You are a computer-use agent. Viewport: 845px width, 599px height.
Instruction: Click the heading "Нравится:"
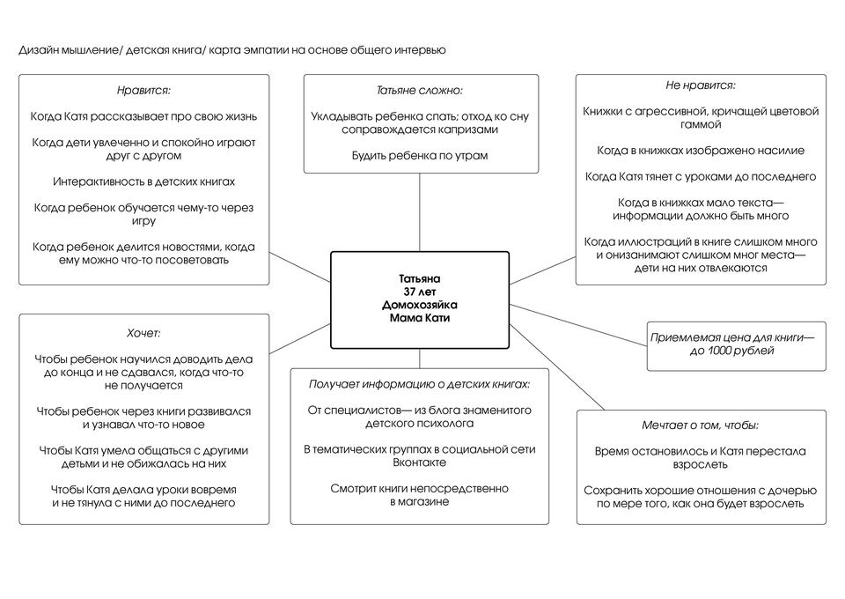click(x=143, y=90)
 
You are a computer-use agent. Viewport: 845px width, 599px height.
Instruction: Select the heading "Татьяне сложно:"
click(x=419, y=90)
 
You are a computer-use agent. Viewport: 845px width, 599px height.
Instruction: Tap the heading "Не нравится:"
click(x=701, y=85)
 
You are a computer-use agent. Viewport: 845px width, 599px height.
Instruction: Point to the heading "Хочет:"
click(x=143, y=333)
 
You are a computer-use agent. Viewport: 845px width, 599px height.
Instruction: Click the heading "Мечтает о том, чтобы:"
click(x=701, y=425)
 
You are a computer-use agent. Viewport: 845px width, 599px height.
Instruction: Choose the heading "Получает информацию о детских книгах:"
click(x=419, y=384)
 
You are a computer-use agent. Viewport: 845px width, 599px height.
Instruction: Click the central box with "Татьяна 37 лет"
click(x=419, y=299)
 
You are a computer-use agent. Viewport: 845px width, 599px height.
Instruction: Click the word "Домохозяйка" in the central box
click(x=419, y=305)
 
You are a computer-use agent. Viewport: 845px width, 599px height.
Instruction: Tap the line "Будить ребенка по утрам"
click(x=419, y=156)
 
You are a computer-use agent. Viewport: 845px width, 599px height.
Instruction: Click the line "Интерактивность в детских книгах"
click(x=143, y=181)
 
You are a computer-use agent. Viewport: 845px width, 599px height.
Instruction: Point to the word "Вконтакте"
click(x=419, y=462)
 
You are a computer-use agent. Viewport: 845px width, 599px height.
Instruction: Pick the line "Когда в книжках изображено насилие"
click(x=701, y=151)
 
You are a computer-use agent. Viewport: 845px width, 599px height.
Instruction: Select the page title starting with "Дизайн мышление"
click(x=232, y=50)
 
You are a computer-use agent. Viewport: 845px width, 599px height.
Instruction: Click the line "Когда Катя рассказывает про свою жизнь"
click(x=143, y=116)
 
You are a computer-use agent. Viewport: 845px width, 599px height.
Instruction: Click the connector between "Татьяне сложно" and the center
click(x=419, y=211)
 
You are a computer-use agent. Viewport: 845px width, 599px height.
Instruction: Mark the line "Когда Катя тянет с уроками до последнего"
click(x=701, y=177)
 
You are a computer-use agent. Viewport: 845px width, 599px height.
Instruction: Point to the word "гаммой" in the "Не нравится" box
click(x=701, y=124)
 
